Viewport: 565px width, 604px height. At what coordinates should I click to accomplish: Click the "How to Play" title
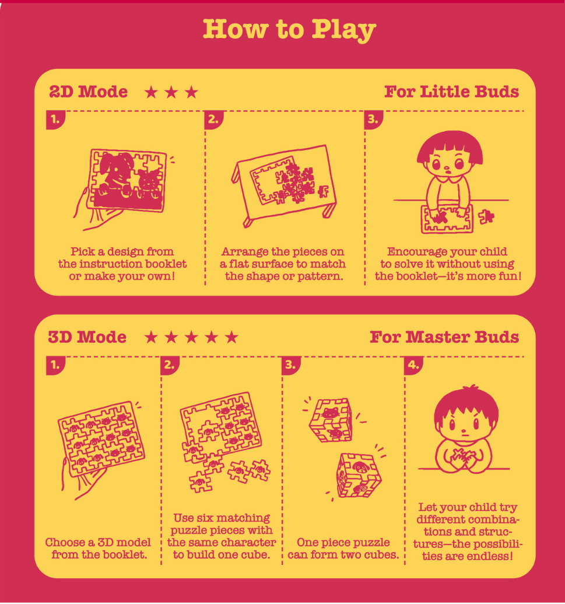pyautogui.click(x=289, y=29)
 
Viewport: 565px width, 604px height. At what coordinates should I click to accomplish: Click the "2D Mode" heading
pyautogui.click(x=88, y=92)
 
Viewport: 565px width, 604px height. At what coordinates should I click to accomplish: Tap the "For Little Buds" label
pyautogui.click(x=451, y=92)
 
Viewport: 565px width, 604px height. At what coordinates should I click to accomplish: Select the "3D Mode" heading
pyautogui.click(x=87, y=337)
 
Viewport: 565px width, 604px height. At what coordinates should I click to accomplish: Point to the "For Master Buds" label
pyautogui.click(x=444, y=337)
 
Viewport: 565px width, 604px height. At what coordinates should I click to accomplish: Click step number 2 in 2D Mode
pyautogui.click(x=213, y=120)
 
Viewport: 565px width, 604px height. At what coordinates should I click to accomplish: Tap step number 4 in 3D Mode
pyautogui.click(x=413, y=365)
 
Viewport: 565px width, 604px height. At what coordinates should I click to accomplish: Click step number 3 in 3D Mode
pyautogui.click(x=291, y=365)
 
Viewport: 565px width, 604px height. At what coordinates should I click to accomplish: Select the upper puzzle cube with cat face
pyautogui.click(x=331, y=420)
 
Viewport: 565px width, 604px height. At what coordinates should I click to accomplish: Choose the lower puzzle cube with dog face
pyautogui.click(x=359, y=475)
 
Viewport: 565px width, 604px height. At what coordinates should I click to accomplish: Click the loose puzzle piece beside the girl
pyautogui.click(x=486, y=217)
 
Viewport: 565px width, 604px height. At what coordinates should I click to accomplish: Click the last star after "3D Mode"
pyautogui.click(x=231, y=338)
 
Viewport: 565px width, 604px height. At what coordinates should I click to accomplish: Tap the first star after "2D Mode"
pyautogui.click(x=152, y=92)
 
